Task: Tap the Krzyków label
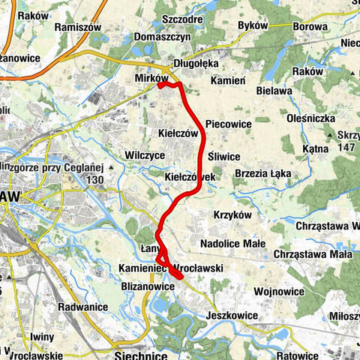(x=230, y=214)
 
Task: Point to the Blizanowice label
(x=147, y=286)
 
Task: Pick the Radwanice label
(x=80, y=306)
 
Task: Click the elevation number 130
(x=94, y=180)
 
